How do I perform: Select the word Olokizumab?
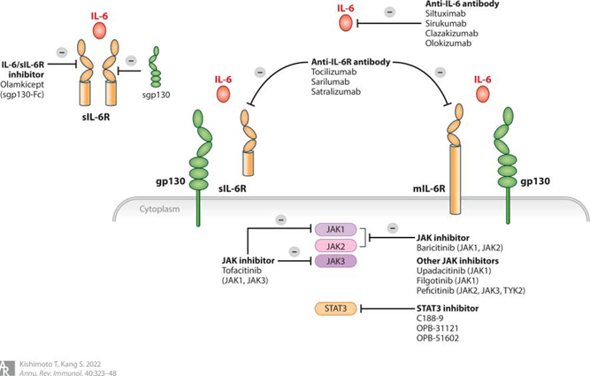click(449, 42)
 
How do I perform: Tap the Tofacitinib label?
click(244, 271)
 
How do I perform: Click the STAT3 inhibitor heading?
click(448, 309)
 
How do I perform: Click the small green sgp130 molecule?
click(156, 65)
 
